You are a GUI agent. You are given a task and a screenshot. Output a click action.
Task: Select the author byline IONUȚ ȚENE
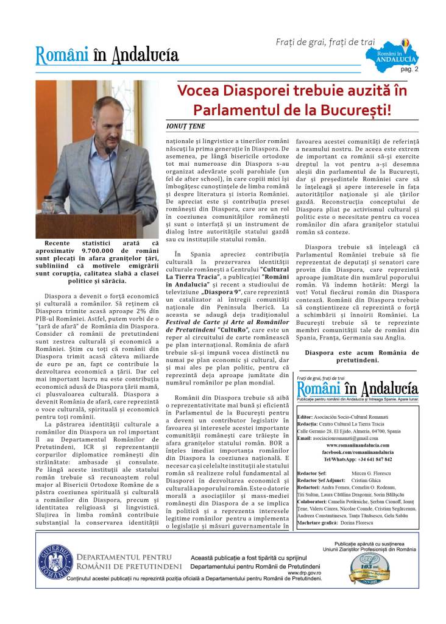tap(188, 126)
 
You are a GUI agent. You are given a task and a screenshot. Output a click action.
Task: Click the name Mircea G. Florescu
tap(372, 472)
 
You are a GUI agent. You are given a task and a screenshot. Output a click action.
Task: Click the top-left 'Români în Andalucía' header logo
tap(107, 55)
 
